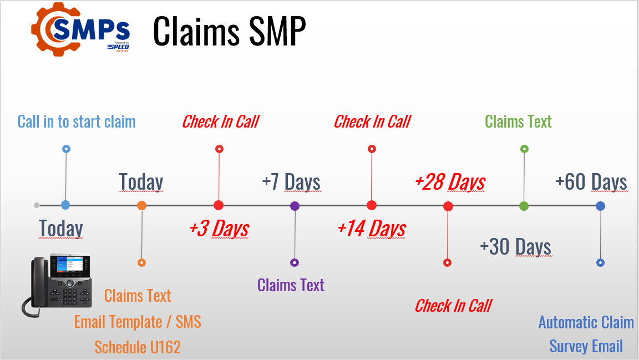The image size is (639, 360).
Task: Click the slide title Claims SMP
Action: (229, 32)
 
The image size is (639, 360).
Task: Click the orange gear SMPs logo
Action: (81, 32)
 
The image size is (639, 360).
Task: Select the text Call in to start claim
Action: (77, 121)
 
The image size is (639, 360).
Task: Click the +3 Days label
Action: (219, 228)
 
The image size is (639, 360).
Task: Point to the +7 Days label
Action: (291, 182)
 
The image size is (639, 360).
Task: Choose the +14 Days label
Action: (372, 228)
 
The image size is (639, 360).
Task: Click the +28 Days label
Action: (450, 182)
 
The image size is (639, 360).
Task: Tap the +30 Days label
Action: (515, 246)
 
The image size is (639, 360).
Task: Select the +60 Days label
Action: (591, 182)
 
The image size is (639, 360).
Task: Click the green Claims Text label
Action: (518, 121)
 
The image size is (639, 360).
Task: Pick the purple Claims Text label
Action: (291, 285)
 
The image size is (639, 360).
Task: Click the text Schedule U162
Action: (138, 347)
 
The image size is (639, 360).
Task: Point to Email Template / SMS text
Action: (138, 322)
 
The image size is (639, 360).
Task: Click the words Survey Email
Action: (586, 346)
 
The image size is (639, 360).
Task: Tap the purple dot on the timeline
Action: (295, 206)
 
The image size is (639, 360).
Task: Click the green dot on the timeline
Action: (524, 206)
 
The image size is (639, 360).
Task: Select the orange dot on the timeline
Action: (142, 206)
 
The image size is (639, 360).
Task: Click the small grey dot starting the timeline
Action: (37, 205)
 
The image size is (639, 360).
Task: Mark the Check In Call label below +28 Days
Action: (453, 306)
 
